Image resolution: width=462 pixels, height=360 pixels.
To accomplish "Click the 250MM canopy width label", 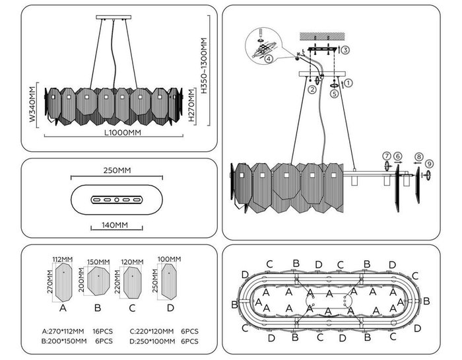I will [117, 171].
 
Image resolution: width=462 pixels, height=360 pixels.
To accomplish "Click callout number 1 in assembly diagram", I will [349, 83].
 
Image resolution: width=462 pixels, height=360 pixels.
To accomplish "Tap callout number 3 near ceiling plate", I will [346, 50].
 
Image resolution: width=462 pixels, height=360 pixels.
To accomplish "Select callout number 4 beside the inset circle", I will [267, 58].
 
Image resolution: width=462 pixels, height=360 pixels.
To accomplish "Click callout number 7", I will [387, 155].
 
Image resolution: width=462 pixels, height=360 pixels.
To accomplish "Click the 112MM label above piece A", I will [63, 260].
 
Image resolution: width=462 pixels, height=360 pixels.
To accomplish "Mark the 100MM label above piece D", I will [169, 259].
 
